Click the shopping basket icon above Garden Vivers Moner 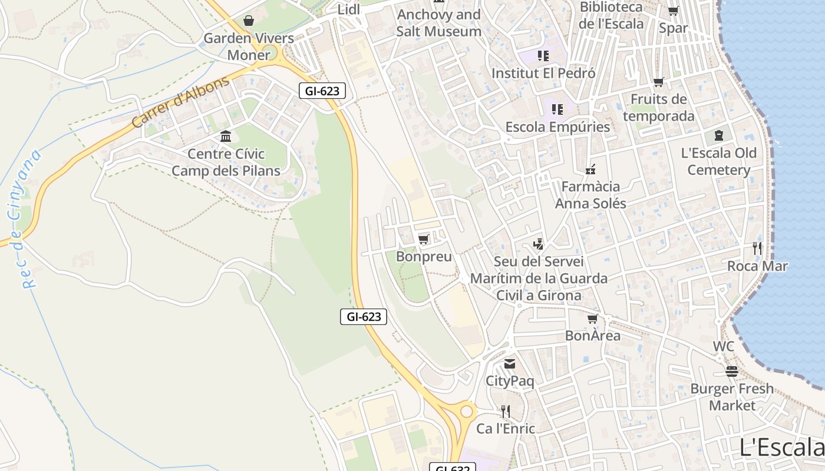(249, 21)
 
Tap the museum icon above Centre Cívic (226, 137)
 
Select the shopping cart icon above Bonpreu (423, 239)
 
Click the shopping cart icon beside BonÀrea (593, 319)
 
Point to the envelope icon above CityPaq (510, 364)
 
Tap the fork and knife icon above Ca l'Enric (505, 411)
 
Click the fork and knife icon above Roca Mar (757, 248)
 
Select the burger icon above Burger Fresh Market (732, 372)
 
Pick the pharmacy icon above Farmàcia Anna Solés (590, 170)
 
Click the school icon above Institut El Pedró (543, 56)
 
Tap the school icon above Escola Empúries (557, 109)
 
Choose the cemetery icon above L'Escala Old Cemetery (719, 136)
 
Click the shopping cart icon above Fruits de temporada (658, 82)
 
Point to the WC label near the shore (724, 346)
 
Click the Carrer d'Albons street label (180, 102)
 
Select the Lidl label (349, 9)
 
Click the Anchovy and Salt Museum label (438, 22)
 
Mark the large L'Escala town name (781, 447)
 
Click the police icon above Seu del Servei (538, 244)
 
